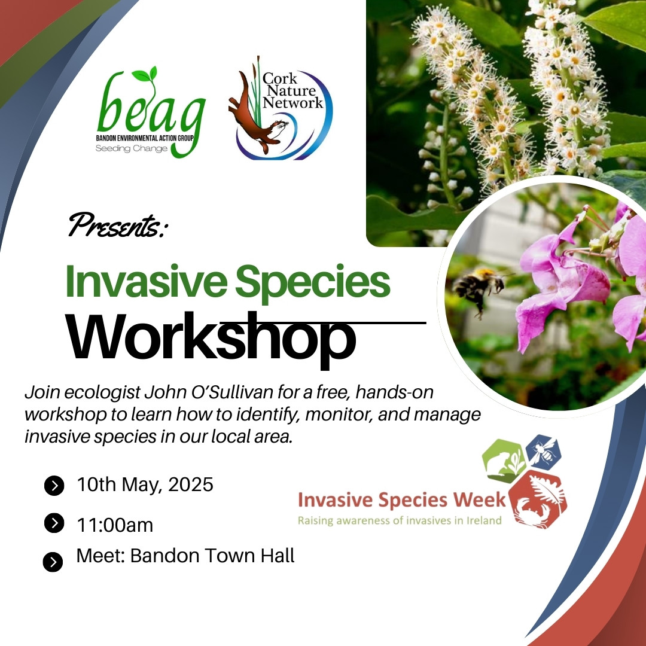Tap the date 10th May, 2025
point(145,484)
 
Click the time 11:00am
point(115,525)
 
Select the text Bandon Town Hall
point(212,556)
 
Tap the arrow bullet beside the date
point(54,486)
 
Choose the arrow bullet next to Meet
point(53,562)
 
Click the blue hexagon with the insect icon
point(543,452)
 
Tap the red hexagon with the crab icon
point(540,499)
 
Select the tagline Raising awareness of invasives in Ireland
point(400,520)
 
